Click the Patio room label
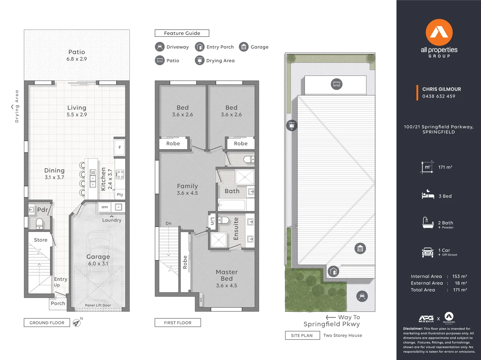[77, 52]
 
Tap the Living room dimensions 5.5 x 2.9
[77, 115]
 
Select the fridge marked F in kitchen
[120, 147]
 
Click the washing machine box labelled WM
[105, 207]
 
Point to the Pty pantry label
[120, 195]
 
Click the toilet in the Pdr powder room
[39, 223]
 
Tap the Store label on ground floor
[41, 240]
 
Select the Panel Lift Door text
[98, 305]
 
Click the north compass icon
[77, 323]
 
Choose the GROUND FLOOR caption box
[47, 323]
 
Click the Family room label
[187, 186]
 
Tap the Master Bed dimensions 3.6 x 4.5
[226, 286]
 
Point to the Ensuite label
[236, 229]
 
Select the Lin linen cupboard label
[212, 221]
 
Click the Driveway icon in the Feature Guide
[160, 47]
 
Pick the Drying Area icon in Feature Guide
[199, 60]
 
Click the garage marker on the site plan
[360, 249]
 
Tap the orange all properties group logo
[439, 33]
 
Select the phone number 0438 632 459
[439, 96]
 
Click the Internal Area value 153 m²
[459, 276]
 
